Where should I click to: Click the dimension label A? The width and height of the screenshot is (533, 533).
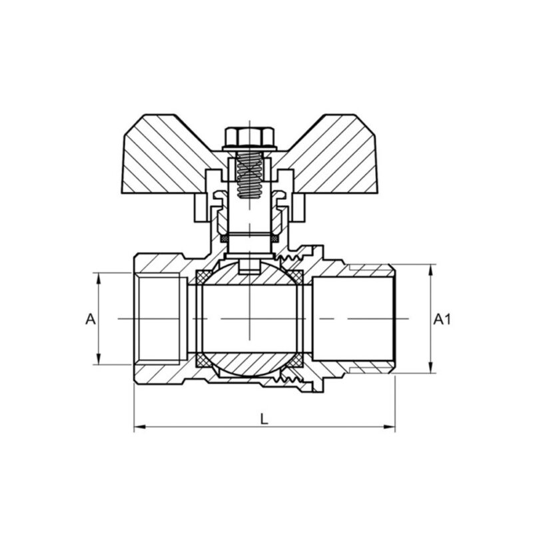click(x=91, y=319)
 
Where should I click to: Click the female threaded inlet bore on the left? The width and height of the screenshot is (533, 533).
click(x=160, y=319)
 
